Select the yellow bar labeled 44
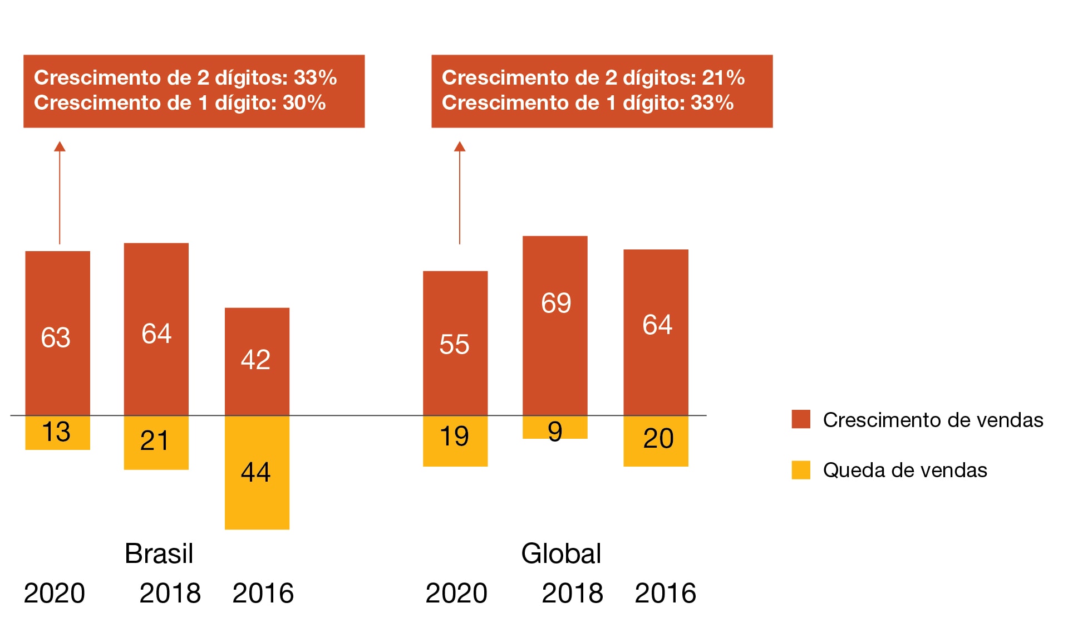257,472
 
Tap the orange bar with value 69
555,325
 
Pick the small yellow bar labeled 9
555,428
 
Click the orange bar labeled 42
257,361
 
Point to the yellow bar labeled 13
57,433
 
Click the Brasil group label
159,553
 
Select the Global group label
561,553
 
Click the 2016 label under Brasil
263,593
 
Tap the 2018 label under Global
572,593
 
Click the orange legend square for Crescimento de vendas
800,419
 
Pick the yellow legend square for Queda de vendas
800,469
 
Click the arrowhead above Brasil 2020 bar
60,146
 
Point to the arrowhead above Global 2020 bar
459,146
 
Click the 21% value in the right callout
723,78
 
